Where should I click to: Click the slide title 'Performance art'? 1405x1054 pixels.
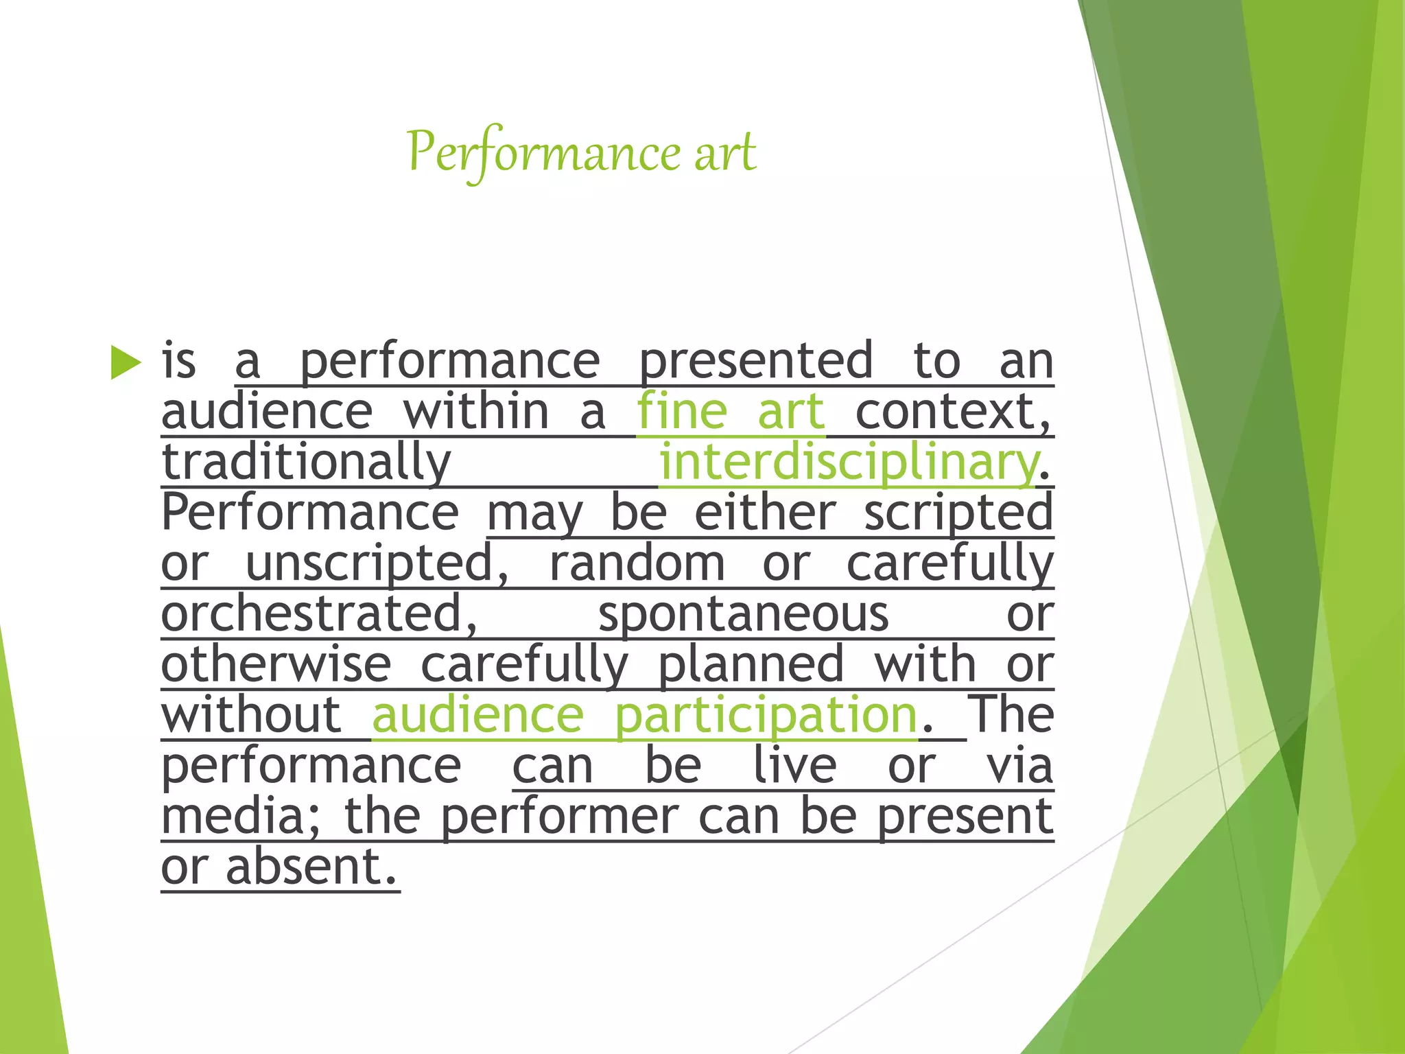click(x=582, y=152)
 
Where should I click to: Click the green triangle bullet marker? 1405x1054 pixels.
click(x=125, y=362)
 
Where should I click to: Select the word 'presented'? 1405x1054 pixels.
click(x=756, y=361)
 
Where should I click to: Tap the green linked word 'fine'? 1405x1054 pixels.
click(x=681, y=412)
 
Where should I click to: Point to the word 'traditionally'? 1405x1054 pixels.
click(x=306, y=462)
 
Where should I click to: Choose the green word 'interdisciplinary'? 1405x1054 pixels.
click(x=848, y=462)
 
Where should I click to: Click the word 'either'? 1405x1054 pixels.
click(x=765, y=513)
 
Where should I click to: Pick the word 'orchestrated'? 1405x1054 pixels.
click(x=319, y=614)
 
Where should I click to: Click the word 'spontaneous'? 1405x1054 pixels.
click(x=744, y=614)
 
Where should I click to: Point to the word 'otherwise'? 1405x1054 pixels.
click(x=276, y=665)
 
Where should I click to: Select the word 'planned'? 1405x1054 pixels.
click(x=751, y=665)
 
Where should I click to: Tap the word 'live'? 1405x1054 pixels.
click(x=795, y=766)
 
